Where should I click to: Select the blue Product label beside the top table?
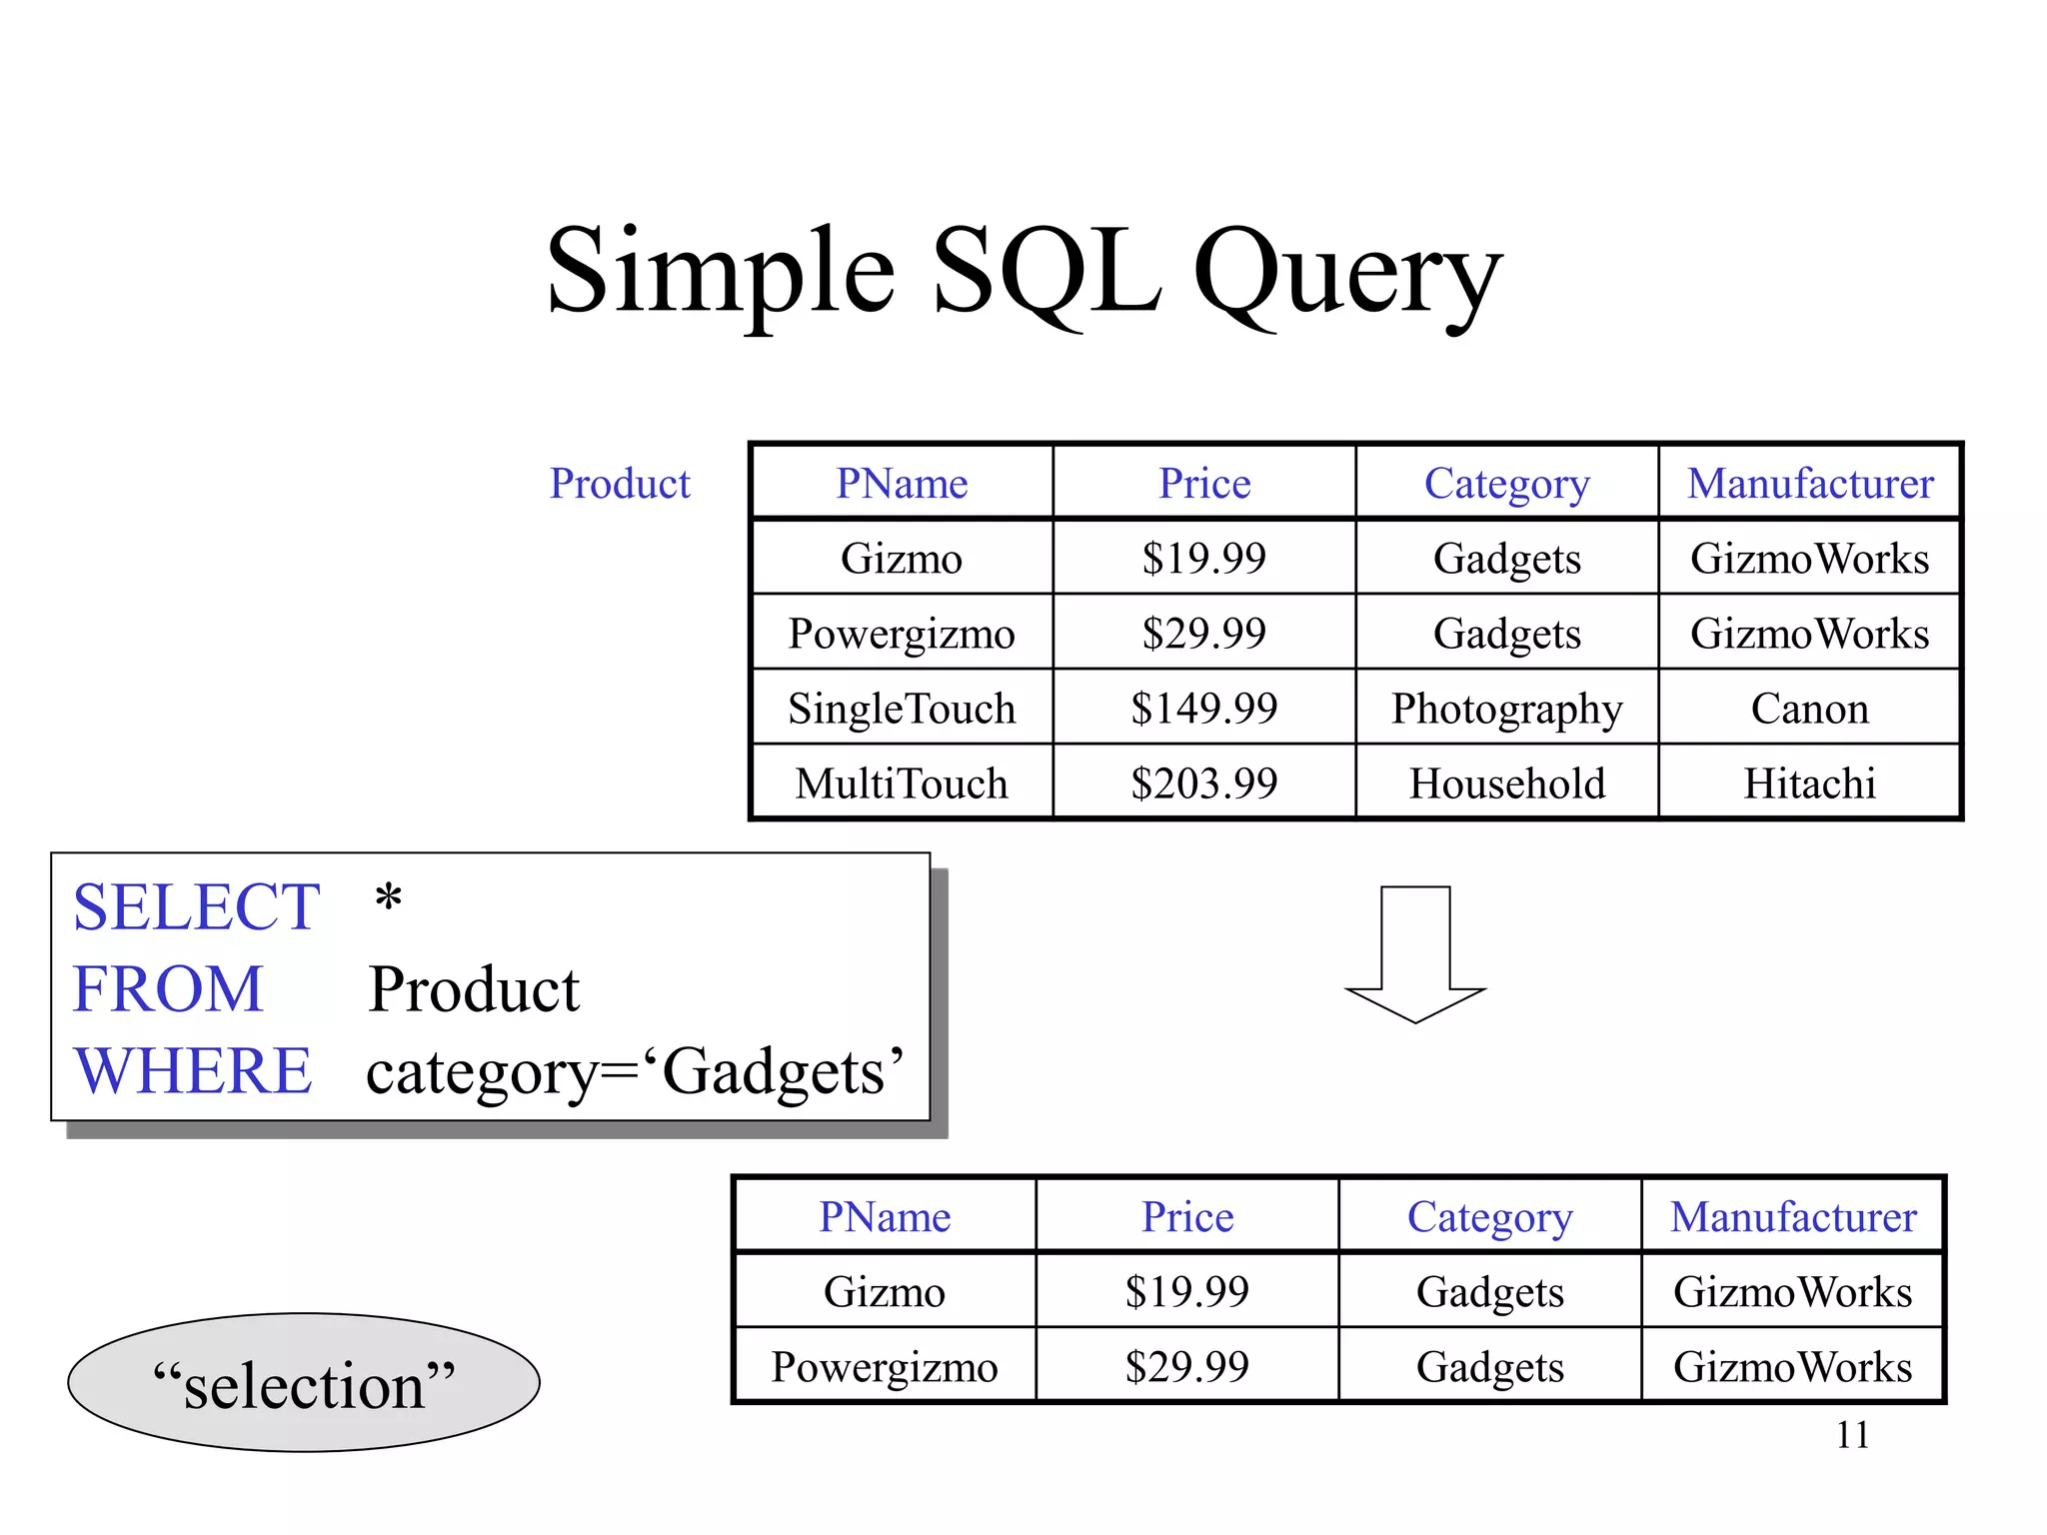pyautogui.click(x=620, y=484)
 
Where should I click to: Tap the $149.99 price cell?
pyautogui.click(x=1203, y=709)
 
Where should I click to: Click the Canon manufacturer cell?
pyautogui.click(x=1809, y=709)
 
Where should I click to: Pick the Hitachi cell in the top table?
pyautogui.click(x=1809, y=783)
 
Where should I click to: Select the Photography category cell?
pyautogui.click(x=1506, y=709)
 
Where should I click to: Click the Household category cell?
pyautogui.click(x=1506, y=783)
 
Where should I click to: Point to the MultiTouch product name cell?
pyautogui.click(x=901, y=783)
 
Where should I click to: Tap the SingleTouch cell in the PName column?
pyautogui.click(x=901, y=709)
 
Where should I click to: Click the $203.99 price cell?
pyautogui.click(x=1203, y=783)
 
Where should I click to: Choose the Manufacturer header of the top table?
pyautogui.click(x=1809, y=484)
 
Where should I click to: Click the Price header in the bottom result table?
pyautogui.click(x=1187, y=1217)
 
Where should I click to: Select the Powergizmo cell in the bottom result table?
pyautogui.click(x=884, y=1367)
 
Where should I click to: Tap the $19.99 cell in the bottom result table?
pyautogui.click(x=1187, y=1292)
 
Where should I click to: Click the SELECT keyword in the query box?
pyautogui.click(x=196, y=907)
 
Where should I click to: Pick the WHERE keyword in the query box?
pyautogui.click(x=193, y=1071)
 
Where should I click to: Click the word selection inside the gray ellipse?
pyautogui.click(x=304, y=1386)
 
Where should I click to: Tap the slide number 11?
pyautogui.click(x=1851, y=1435)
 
